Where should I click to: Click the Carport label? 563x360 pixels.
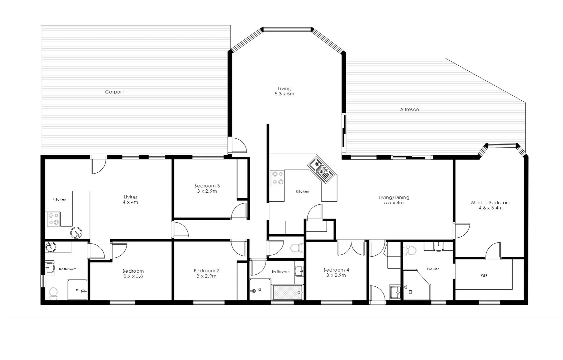[x=114, y=92]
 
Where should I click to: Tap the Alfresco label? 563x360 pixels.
[x=409, y=109]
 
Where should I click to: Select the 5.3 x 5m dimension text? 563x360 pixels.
[x=284, y=94]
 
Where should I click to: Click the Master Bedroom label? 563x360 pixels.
[x=490, y=202]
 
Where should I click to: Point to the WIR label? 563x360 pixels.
[x=484, y=276]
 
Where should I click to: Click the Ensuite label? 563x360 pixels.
[x=433, y=269]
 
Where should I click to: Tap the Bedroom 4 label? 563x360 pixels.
[x=336, y=270]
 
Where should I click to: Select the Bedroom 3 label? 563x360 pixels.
[x=207, y=186]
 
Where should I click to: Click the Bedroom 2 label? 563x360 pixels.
[x=206, y=271]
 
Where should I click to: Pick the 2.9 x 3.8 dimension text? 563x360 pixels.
[x=133, y=276]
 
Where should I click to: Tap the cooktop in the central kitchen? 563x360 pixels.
[x=277, y=178]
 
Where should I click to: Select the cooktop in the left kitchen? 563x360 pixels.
[x=53, y=219]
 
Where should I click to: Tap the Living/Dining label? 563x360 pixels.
[x=394, y=197]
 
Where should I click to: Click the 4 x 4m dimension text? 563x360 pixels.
[x=130, y=202]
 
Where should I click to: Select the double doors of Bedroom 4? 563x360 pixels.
[x=351, y=248]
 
